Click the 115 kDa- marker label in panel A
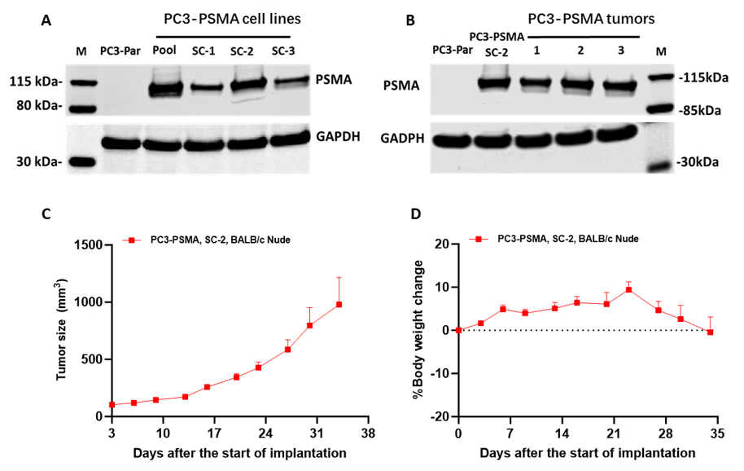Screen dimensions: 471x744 pos(35,82)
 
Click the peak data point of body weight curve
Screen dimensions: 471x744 pos(628,289)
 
